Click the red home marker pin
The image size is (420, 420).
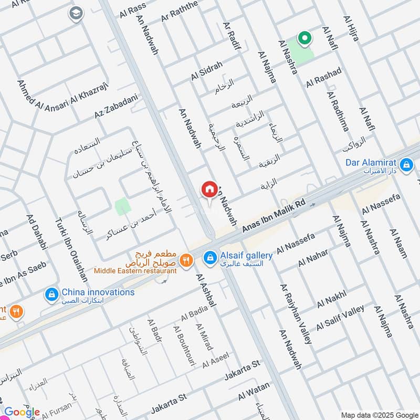(x=209, y=190)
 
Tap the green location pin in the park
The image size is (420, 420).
(x=303, y=38)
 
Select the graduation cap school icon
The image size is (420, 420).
(x=76, y=13)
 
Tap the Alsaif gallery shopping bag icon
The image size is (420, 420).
(x=210, y=257)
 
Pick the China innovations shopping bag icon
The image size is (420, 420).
(x=51, y=293)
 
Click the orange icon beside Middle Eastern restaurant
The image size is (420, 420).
(x=185, y=259)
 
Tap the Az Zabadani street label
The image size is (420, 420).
(x=116, y=107)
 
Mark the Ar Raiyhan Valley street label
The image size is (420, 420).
(x=296, y=314)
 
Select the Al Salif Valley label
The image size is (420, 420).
(x=340, y=317)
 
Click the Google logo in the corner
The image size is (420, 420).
(x=22, y=412)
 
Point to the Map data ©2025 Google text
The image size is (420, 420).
(x=382, y=412)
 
